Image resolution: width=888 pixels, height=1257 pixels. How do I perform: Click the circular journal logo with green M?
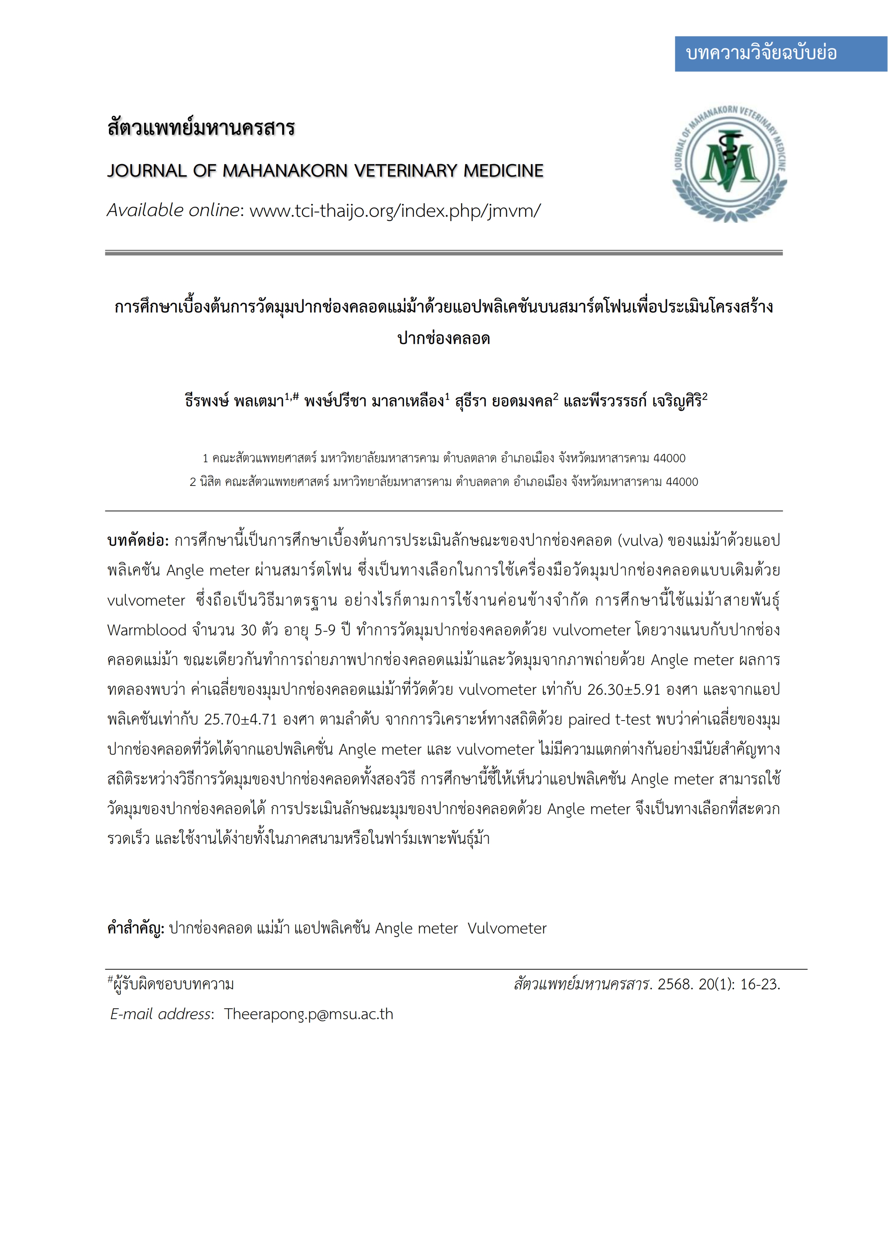pos(729,163)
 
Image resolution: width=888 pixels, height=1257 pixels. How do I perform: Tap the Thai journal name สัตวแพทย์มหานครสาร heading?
pos(201,128)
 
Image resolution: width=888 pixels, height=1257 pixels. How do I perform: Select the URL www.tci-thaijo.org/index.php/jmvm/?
pos(395,210)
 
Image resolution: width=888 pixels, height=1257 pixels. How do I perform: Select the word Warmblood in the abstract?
pos(147,630)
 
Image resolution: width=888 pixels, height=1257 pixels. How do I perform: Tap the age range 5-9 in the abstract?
pos(325,630)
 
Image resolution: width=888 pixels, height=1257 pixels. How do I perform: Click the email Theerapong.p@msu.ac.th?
pos(308,1014)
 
